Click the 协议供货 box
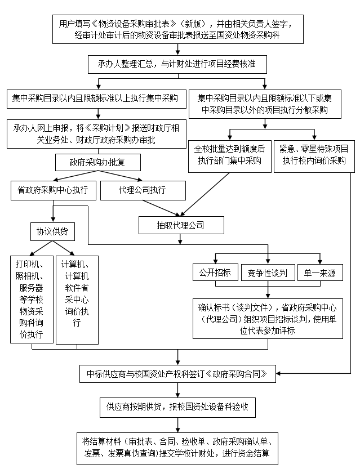pos(52,231)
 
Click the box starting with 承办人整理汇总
pos(177,64)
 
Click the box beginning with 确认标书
pos(267,319)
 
